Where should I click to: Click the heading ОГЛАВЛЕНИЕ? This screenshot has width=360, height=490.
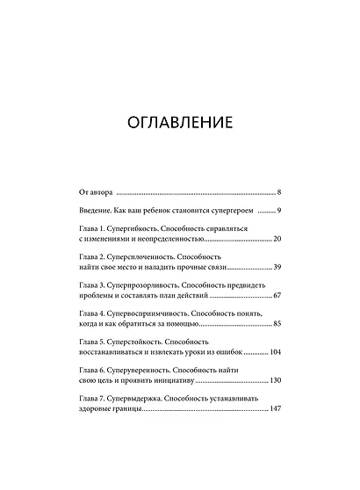pos(179,120)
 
